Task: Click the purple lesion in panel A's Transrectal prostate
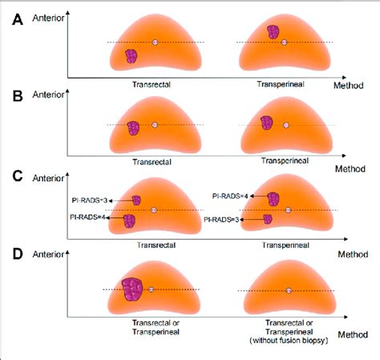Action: (x=131, y=56)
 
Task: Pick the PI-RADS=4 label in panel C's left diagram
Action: (x=91, y=217)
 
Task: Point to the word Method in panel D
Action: (x=353, y=334)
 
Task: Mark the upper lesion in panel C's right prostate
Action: (x=274, y=199)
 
